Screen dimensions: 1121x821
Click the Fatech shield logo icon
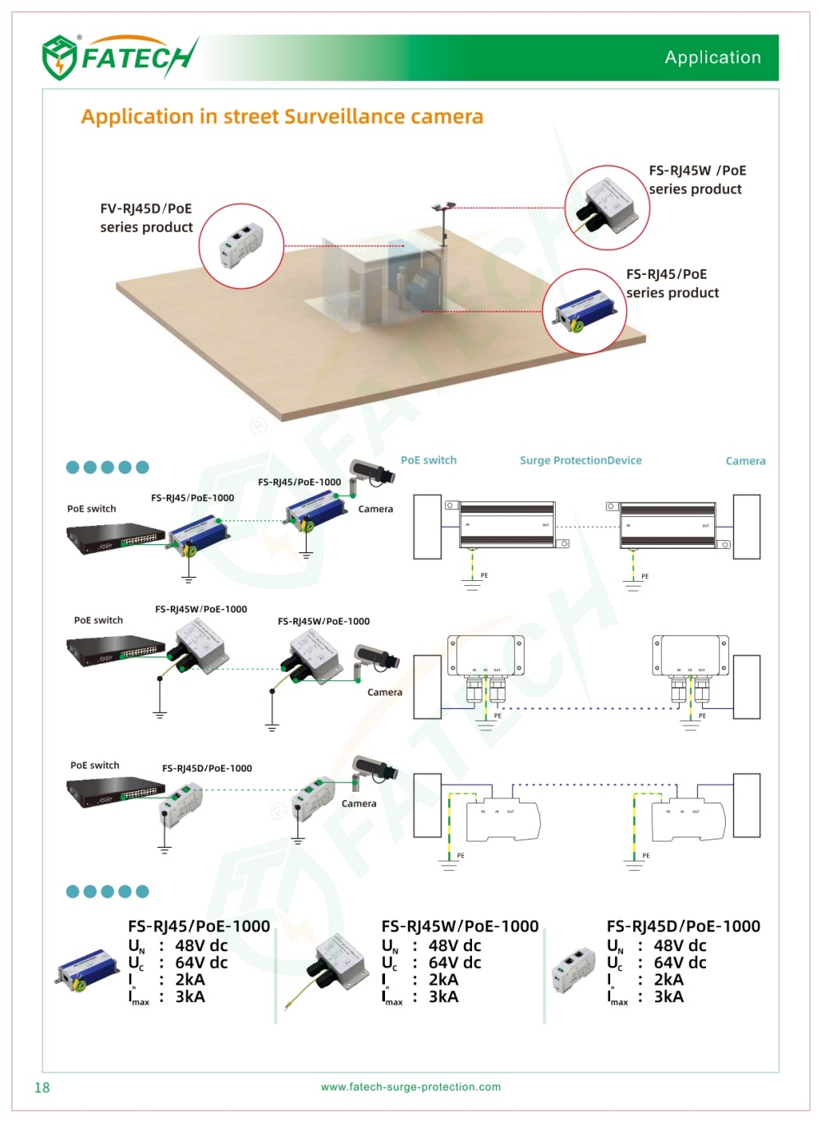[x=59, y=57]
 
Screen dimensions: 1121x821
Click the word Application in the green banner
[x=713, y=57]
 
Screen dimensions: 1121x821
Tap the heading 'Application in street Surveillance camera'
[x=282, y=117]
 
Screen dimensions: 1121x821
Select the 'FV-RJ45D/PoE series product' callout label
[x=146, y=217]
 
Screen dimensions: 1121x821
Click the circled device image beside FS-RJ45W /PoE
[x=608, y=207]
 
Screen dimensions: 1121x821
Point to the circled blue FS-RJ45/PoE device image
[x=584, y=312]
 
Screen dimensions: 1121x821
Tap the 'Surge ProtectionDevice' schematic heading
[x=580, y=460]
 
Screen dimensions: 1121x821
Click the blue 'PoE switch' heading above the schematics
[x=429, y=460]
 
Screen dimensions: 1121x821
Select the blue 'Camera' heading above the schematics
[x=745, y=461]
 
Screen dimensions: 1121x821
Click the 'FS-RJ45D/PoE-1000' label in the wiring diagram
[x=207, y=768]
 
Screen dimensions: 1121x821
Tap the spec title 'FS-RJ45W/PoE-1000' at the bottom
[x=460, y=927]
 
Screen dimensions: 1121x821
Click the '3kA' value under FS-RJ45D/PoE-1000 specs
[x=668, y=997]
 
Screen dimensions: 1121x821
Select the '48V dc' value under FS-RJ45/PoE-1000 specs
[x=201, y=945]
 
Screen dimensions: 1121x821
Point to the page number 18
[x=42, y=1087]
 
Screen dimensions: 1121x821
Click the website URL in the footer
[x=410, y=1087]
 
